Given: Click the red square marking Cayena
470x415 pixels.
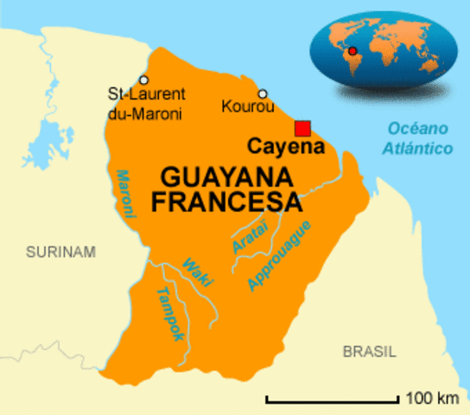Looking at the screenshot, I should (302, 129).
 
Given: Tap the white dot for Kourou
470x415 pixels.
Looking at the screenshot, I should (263, 94).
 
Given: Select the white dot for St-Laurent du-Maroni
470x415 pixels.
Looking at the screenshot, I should (144, 80).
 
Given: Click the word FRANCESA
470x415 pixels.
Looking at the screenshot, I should (227, 202).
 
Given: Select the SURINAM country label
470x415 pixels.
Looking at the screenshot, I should (60, 252).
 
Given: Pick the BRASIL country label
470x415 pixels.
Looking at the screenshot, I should (369, 352).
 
